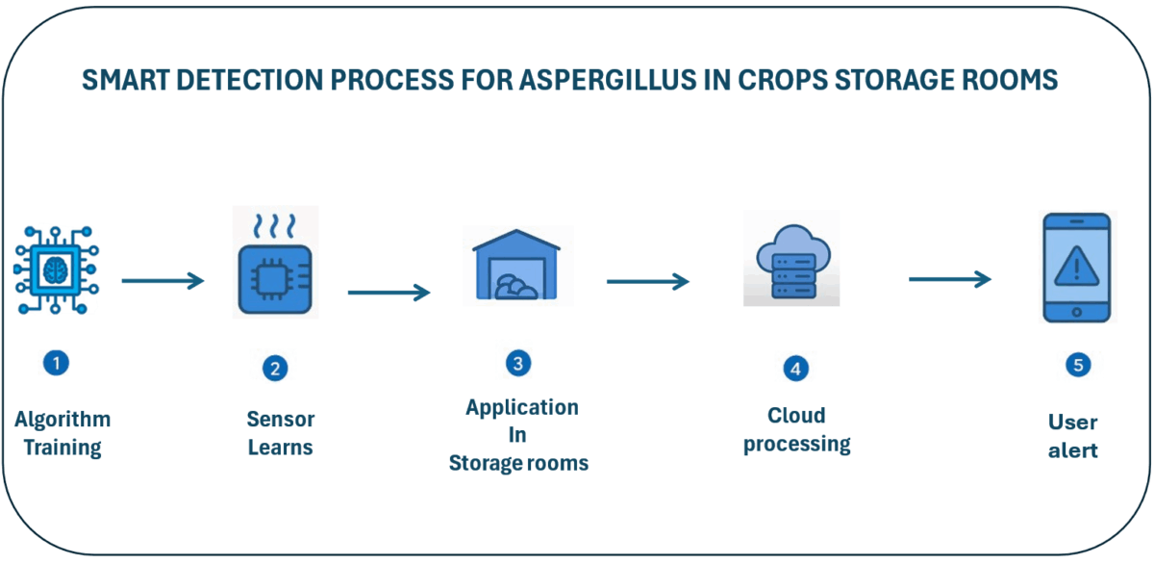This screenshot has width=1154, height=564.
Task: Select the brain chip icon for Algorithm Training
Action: [56, 270]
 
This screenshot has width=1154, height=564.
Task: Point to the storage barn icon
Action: [516, 265]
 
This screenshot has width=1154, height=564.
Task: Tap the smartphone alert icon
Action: [1077, 268]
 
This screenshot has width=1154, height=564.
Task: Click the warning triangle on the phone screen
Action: [1077, 267]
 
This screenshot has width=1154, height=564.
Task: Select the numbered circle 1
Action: [56, 363]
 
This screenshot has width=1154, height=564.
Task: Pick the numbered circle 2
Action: [275, 369]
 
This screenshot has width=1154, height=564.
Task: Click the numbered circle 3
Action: [518, 364]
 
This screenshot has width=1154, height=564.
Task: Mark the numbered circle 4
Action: [796, 369]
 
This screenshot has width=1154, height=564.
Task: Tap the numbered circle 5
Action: [1078, 366]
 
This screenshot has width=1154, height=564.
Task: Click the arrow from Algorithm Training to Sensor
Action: [163, 281]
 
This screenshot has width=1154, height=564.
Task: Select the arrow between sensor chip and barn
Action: [389, 293]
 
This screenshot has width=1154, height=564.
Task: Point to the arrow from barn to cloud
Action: [648, 281]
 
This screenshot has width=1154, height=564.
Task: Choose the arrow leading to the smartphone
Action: [950, 279]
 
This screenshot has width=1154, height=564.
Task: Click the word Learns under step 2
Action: [280, 448]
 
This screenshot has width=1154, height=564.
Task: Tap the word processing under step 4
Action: [797, 445]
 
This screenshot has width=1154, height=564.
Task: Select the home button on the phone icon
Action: [1077, 312]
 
